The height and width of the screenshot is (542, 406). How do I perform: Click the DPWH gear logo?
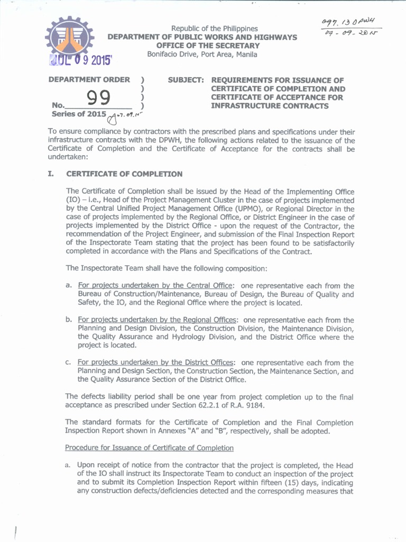tap(69, 37)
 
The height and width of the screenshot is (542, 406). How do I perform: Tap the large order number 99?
tap(98, 98)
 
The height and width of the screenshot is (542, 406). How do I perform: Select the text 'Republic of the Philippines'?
tap(214, 29)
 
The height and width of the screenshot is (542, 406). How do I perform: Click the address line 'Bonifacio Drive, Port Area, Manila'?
tap(202, 55)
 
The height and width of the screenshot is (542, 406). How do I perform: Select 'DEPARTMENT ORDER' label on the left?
tap(89, 80)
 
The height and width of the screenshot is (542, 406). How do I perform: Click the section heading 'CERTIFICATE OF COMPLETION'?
tap(124, 174)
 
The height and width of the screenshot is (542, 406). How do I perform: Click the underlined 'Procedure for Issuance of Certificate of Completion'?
tap(149, 448)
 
